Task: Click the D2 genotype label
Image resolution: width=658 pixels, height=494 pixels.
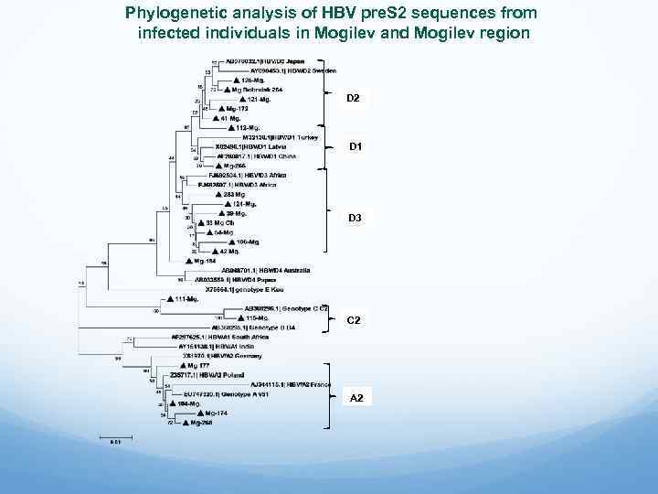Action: coord(354,98)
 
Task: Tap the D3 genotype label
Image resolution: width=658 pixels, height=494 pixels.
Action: coord(355,218)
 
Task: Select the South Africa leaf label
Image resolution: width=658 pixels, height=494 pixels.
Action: coord(219,338)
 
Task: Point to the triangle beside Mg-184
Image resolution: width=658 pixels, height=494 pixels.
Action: coord(188,261)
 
